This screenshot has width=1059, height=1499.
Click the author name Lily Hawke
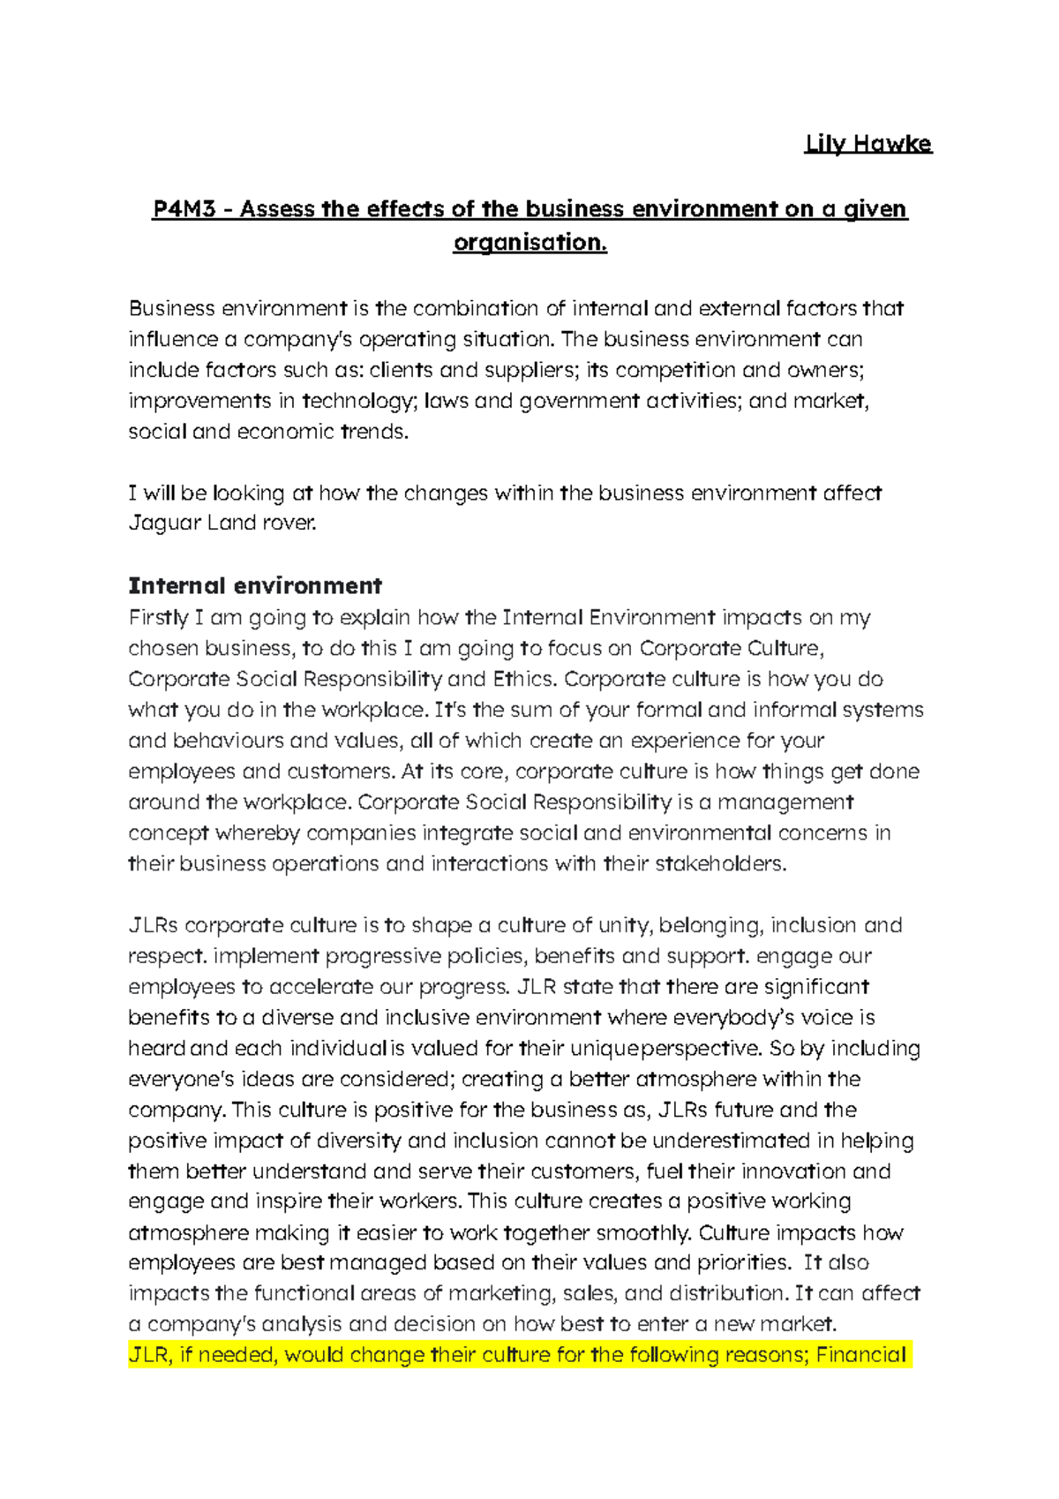867,144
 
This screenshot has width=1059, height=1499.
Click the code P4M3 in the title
184,209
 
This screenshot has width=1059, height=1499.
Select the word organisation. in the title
529,242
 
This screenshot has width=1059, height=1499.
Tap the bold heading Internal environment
255,586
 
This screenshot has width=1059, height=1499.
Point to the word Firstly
158,618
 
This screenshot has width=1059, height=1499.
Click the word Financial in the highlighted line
860,1355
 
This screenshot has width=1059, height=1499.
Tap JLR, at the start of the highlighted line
148,1355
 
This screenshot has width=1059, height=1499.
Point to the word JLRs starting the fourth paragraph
154,926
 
